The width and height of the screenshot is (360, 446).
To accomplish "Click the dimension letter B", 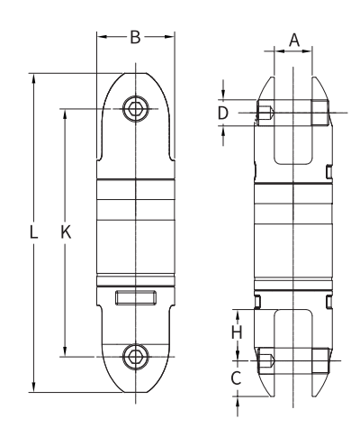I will (135, 37).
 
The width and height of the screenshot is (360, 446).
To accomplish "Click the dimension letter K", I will (65, 232).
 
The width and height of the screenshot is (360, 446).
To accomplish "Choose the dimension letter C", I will (236, 378).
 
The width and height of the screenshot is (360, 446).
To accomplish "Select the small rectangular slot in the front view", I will (135, 297).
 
